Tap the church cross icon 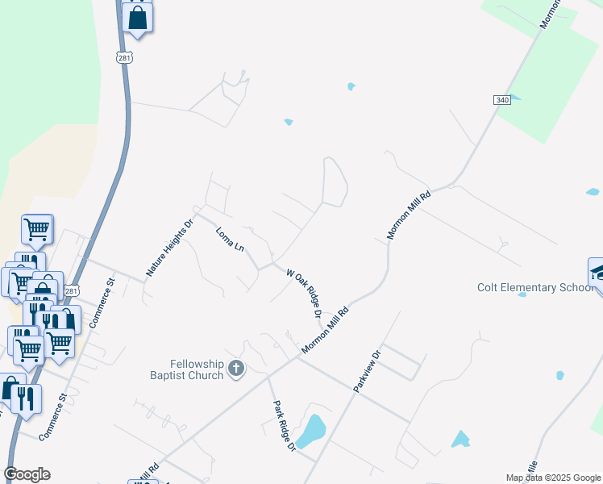point(236,369)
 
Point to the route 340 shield point(502,99)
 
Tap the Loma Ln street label point(230,239)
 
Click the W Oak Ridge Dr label point(305,294)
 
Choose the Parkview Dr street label point(366,372)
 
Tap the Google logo point(27,474)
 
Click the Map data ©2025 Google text point(553,478)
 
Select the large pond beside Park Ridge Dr point(310,431)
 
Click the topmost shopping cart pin point(37,230)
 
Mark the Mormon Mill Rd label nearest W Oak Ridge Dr point(326,329)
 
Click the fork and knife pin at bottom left point(26,400)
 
